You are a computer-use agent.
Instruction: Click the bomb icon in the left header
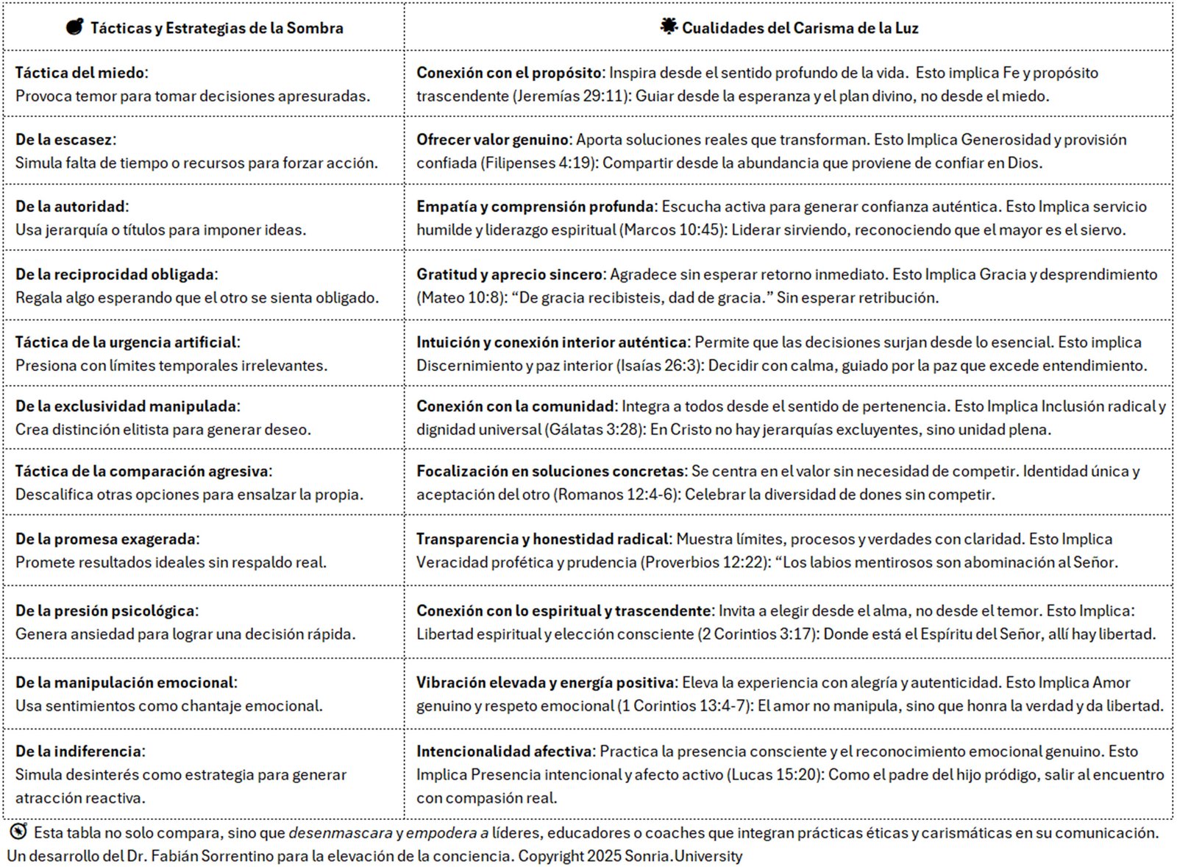click(x=74, y=27)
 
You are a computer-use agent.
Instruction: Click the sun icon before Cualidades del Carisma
click(x=668, y=27)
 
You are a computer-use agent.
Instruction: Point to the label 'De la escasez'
click(x=64, y=139)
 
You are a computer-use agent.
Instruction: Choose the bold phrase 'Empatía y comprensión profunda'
click(x=535, y=206)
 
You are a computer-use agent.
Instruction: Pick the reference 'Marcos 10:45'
click(x=672, y=230)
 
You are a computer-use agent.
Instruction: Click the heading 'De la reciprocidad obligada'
click(x=115, y=274)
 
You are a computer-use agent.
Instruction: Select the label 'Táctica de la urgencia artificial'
click(x=126, y=342)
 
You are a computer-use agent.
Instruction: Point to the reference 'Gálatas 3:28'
click(x=594, y=429)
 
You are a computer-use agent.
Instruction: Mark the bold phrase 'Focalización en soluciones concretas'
click(x=550, y=470)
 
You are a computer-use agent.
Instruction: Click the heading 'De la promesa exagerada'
click(x=106, y=538)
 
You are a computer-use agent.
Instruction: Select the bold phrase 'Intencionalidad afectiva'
click(x=504, y=751)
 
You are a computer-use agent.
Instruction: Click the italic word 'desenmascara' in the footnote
click(x=340, y=832)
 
